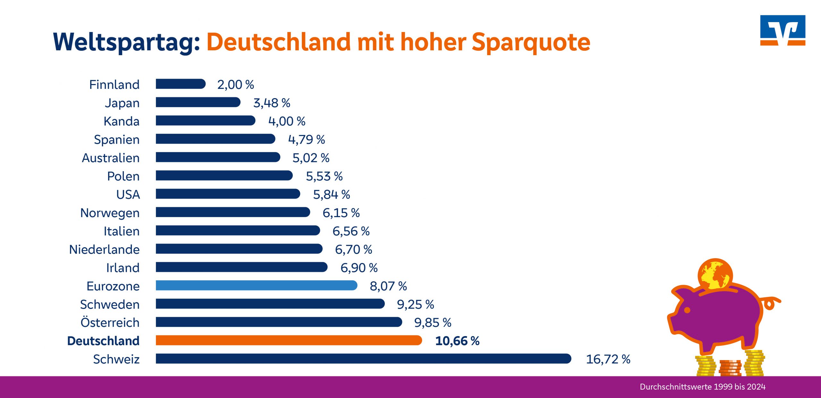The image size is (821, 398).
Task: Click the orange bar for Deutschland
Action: [289, 340]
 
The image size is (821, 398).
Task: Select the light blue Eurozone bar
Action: [257, 285]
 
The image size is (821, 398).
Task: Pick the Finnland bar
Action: [181, 84]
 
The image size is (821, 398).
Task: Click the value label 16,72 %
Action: [608, 359]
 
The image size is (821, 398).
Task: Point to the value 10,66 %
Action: [457, 341]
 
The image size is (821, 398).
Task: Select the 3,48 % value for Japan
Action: [272, 103]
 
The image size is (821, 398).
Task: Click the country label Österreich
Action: [110, 322]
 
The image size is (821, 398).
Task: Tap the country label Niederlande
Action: [104, 250]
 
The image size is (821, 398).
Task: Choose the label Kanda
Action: [122, 121]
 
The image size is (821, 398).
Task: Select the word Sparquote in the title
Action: [531, 42]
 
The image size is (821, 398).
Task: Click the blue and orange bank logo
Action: [783, 30]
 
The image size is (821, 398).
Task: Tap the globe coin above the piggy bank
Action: [715, 274]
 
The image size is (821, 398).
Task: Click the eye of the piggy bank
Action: [687, 310]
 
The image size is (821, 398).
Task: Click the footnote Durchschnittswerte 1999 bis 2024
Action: [702, 387]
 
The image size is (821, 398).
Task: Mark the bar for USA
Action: [228, 194]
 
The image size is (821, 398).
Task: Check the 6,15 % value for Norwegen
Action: [341, 213]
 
